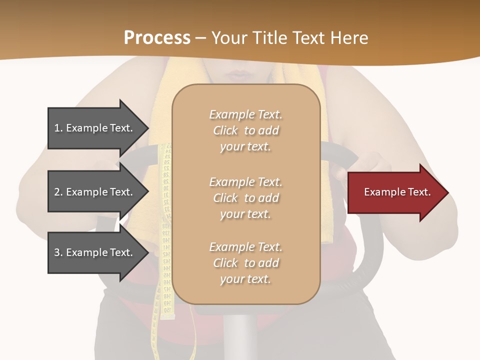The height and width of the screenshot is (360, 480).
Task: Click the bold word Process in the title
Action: [157, 37]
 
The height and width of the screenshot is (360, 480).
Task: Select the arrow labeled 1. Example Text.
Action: [95, 128]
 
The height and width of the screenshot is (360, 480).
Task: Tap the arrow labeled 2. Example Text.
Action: [95, 192]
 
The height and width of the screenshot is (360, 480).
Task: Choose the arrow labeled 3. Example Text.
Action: [95, 252]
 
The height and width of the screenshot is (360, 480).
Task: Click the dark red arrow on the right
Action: [395, 192]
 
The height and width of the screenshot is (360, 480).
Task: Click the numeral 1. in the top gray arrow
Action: [58, 128]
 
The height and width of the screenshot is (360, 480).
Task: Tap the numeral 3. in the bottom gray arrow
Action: [58, 252]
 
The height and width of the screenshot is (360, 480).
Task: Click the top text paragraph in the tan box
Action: [245, 130]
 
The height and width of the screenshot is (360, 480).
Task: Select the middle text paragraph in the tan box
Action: [245, 198]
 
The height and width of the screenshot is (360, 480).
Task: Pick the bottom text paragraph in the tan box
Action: [245, 263]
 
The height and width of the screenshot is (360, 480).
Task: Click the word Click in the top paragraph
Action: [225, 130]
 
